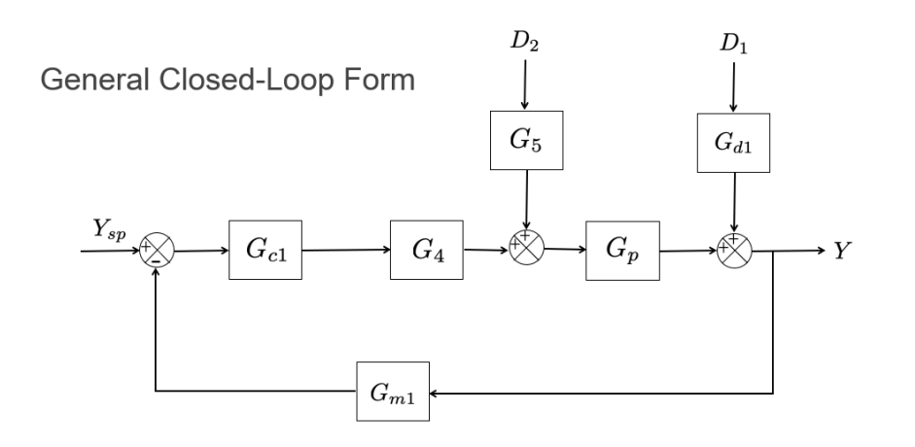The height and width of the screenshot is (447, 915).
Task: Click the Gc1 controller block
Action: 265,250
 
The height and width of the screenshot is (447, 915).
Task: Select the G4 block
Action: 426,250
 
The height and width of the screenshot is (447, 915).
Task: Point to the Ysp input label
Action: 106,231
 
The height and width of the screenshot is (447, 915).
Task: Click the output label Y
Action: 843,251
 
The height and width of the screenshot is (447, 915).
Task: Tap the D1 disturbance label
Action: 733,43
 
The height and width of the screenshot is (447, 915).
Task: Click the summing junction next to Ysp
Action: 158,251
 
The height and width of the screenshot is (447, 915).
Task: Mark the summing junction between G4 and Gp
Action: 526,250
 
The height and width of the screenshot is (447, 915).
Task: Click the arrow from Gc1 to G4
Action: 345,250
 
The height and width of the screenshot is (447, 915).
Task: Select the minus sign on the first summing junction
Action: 155,262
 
